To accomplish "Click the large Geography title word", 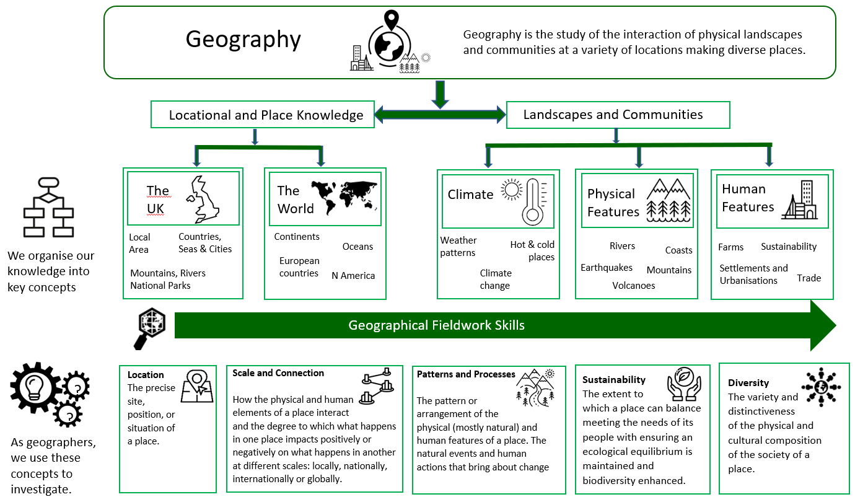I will pos(243,40).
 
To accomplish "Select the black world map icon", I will pos(344,196).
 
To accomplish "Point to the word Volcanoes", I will pos(633,286).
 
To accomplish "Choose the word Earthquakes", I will pos(607,268).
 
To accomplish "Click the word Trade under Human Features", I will pos(809,278).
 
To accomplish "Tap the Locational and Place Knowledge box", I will pos(263,115).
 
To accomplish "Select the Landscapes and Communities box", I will pos(618,115).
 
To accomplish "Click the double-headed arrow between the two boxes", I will pos(440,114).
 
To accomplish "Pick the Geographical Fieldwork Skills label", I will pos(436,325).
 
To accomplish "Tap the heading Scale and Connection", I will pos(278,373).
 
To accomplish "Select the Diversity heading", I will pos(748,383).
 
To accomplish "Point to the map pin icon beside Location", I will pos(197,385).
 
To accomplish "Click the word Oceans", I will pos(357,247).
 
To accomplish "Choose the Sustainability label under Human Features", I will pos(788,247).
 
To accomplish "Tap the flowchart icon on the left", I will pos(48,207).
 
